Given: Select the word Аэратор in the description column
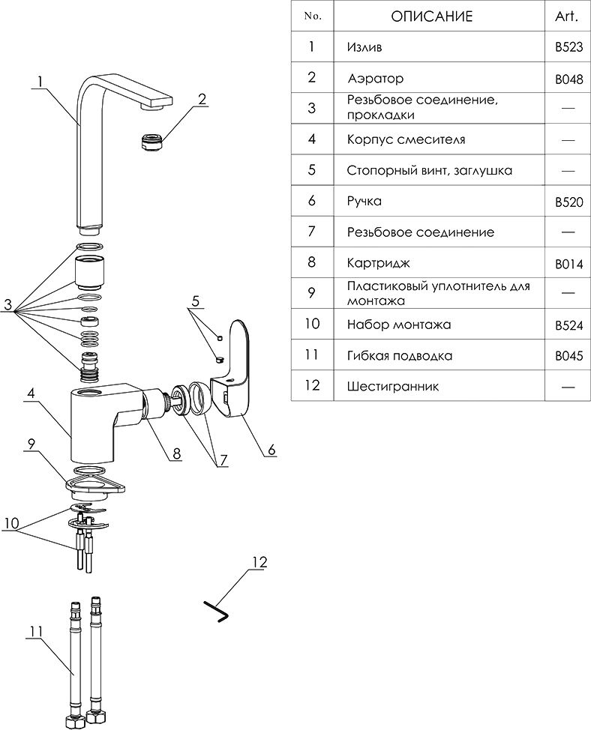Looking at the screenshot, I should coord(376,79).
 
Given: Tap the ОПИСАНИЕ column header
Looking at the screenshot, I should coord(432,16).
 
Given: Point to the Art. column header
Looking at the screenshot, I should coord(568,16).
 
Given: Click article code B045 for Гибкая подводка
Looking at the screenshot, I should coord(568,357).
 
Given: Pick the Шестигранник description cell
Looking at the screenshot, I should coord(393,387).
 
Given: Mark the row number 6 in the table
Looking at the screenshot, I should coord(312,202).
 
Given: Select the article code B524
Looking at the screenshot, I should coord(568,326).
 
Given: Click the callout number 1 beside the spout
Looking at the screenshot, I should coord(40,82).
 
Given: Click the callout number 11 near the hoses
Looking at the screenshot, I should coord(34,632).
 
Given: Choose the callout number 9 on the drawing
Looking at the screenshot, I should coord(31,443).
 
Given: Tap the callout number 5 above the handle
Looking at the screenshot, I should coord(196,302).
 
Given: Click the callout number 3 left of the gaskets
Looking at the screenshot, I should coord(8,304).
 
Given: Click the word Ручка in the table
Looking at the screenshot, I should coord(364,202).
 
